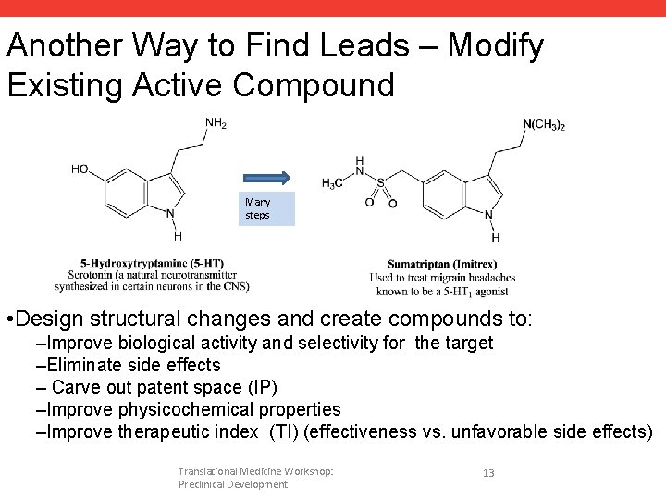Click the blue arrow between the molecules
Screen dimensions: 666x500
click(265, 177)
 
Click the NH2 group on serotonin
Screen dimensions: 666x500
click(216, 122)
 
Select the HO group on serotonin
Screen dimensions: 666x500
click(81, 169)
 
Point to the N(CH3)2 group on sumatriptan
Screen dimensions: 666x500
click(544, 125)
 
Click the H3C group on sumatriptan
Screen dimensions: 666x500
click(330, 182)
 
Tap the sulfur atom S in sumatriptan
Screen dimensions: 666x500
click(381, 183)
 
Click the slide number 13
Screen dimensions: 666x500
click(488, 473)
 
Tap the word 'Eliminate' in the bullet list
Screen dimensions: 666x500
click(90, 365)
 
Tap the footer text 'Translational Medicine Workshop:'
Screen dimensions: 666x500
click(256, 471)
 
